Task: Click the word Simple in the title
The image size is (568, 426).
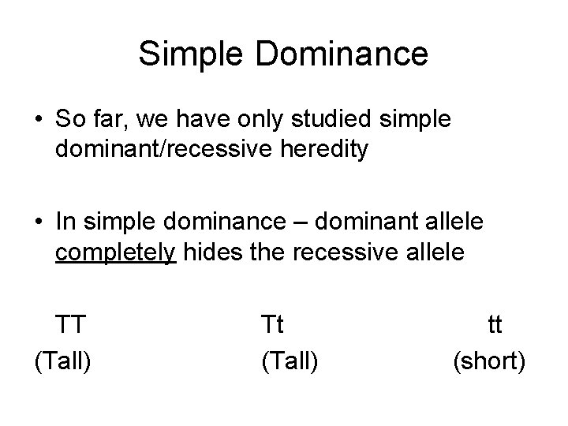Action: (184, 54)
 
